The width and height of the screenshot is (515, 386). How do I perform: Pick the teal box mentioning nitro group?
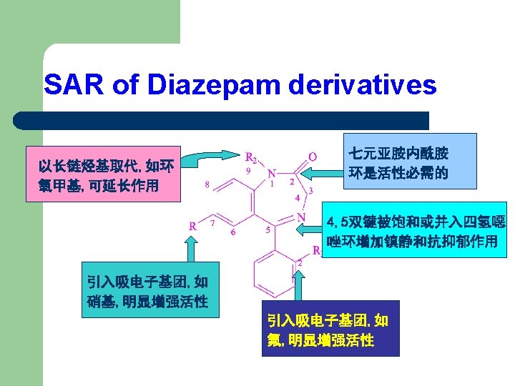[x=145, y=292]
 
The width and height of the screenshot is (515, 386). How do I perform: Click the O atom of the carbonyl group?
[x=313, y=156]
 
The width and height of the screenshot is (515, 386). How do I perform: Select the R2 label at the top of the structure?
[x=252, y=157]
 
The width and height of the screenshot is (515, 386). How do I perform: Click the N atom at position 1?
[x=272, y=174]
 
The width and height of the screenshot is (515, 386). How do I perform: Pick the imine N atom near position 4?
[x=301, y=217]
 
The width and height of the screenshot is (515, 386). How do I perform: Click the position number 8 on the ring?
[x=207, y=184]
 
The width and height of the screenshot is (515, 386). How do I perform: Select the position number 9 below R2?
[x=247, y=172]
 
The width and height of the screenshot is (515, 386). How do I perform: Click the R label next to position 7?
[x=192, y=226]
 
